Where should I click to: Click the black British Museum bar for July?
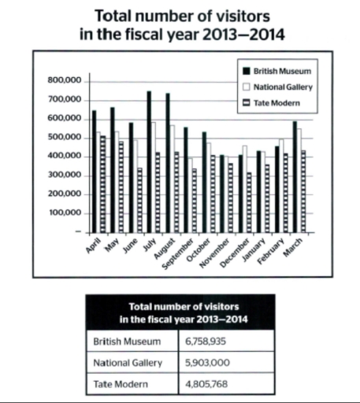point(148,161)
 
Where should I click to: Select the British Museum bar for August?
point(167,162)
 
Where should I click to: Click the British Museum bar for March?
point(295,176)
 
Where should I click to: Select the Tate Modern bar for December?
point(249,201)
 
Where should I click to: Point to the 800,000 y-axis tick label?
point(65,80)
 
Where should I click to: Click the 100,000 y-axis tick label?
point(65,213)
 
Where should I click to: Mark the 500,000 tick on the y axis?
point(65,137)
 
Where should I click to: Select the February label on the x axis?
point(275,255)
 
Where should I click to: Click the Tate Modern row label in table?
point(118,385)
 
